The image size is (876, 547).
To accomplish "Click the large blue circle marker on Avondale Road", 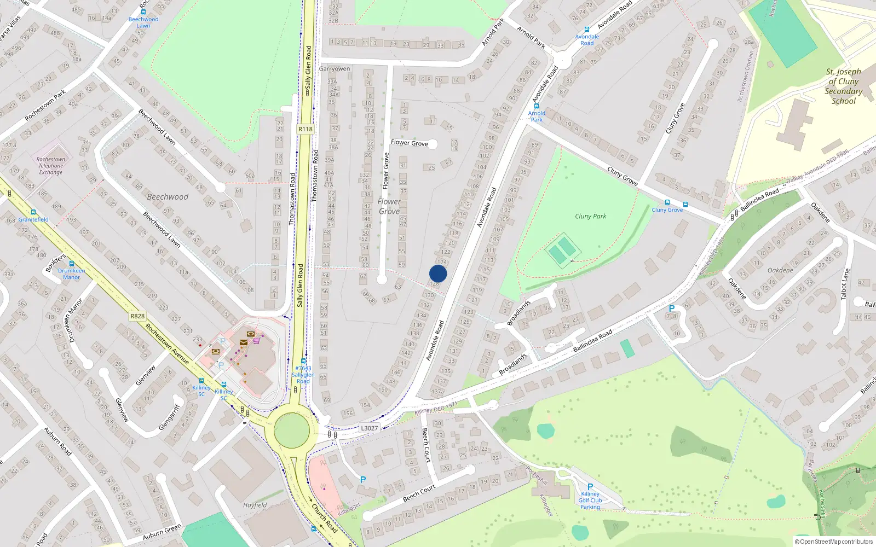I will click(438, 273).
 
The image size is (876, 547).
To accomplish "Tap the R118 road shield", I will click(306, 129).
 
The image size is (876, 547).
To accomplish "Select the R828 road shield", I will click(137, 316).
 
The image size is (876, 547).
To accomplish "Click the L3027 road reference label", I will click(369, 428).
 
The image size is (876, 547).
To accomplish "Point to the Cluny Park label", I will click(590, 216).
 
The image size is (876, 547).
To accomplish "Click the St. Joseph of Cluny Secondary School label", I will click(843, 86).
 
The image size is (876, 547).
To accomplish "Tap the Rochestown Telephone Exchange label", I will click(50, 166).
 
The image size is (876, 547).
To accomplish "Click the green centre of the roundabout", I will click(291, 430).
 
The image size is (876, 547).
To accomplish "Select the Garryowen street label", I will click(334, 69).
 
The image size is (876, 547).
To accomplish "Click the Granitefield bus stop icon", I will click(33, 212).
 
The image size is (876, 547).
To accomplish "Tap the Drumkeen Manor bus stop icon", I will click(71, 264).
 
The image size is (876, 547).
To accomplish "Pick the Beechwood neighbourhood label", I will click(168, 197).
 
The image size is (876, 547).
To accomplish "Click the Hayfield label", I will click(255, 505).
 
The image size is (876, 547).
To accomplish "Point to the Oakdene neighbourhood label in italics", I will click(780, 270).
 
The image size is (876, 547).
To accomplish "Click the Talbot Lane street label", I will click(845, 283).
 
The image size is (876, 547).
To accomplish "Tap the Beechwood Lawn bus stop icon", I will click(143, 11).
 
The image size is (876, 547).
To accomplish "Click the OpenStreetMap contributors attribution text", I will click(834, 542).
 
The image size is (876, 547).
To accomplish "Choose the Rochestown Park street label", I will click(45, 105).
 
